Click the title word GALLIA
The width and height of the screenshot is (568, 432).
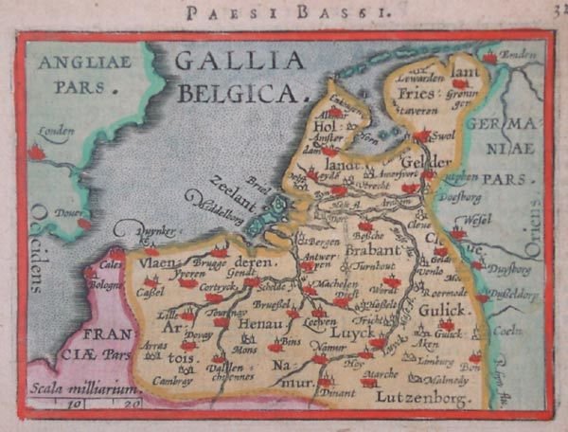pos(240,62)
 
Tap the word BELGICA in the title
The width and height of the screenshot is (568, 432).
pos(242,93)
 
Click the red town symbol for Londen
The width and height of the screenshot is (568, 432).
pos(37,151)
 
